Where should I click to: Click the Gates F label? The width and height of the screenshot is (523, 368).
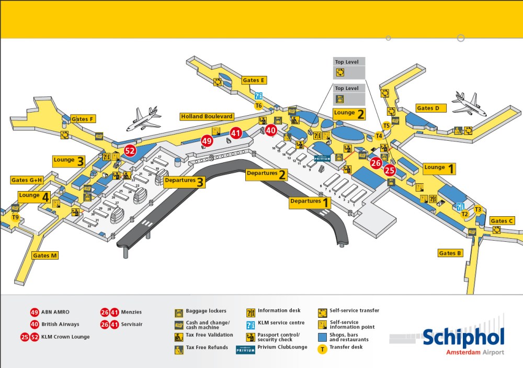click(x=83, y=119)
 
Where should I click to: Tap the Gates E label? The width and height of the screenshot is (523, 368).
click(x=254, y=81)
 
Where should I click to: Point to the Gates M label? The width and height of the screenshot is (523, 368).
click(x=45, y=255)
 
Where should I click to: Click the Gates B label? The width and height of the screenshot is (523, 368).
click(x=450, y=253)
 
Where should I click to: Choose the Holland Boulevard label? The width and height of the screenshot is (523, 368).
click(x=207, y=116)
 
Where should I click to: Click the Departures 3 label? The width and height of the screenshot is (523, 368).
click(x=184, y=181)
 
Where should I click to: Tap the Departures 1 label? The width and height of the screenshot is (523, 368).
click(x=310, y=202)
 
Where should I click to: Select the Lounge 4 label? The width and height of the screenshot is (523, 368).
click(x=34, y=196)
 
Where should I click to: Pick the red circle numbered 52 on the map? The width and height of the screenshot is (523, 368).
click(x=130, y=152)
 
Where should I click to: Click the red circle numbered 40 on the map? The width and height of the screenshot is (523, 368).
click(x=271, y=130)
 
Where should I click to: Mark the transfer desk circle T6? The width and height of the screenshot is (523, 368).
click(x=258, y=106)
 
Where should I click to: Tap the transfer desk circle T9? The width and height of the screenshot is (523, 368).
click(x=16, y=217)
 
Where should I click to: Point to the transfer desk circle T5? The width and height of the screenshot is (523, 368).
click(x=386, y=126)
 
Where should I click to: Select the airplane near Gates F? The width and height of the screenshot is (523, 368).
click(x=143, y=119)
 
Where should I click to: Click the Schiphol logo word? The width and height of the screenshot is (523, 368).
click(x=463, y=338)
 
